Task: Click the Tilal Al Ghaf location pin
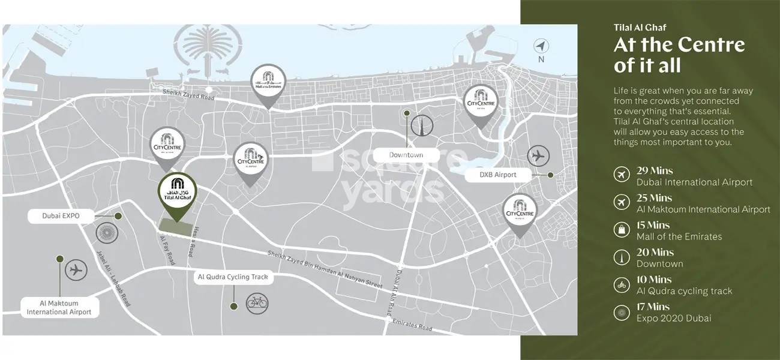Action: tap(176, 192)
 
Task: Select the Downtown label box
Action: tap(406, 155)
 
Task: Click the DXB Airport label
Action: tap(498, 175)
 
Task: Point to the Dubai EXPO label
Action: tap(61, 215)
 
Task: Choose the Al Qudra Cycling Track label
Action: tap(236, 277)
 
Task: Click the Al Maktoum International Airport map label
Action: tap(59, 308)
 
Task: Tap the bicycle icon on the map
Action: tap(257, 302)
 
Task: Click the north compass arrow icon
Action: tap(541, 46)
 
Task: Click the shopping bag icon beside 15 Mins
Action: tap(621, 229)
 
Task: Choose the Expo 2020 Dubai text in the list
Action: tap(673, 318)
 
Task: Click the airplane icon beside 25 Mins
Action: tap(621, 202)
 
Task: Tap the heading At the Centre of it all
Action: tap(679, 55)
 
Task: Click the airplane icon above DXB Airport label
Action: tap(538, 156)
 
